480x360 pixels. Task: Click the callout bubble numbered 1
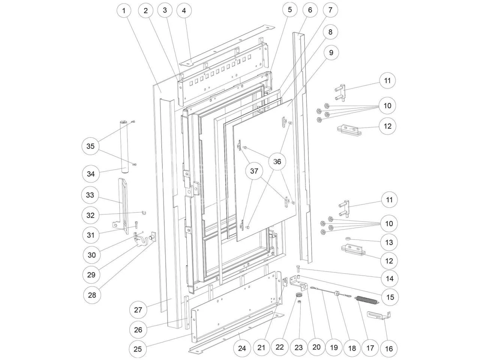click(124, 10)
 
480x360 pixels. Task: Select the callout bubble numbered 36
click(277, 162)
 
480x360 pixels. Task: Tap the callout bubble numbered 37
click(254, 171)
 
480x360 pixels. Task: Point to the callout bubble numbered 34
click(91, 174)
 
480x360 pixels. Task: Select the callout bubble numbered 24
click(242, 348)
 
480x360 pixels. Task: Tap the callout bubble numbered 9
click(331, 53)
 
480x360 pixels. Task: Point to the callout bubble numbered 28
click(91, 295)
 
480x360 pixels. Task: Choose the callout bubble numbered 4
click(184, 10)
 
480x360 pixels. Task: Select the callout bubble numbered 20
click(316, 347)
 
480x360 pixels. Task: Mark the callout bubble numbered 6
click(310, 10)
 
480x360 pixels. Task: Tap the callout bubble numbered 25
click(138, 349)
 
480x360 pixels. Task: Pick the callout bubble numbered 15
click(390, 297)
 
